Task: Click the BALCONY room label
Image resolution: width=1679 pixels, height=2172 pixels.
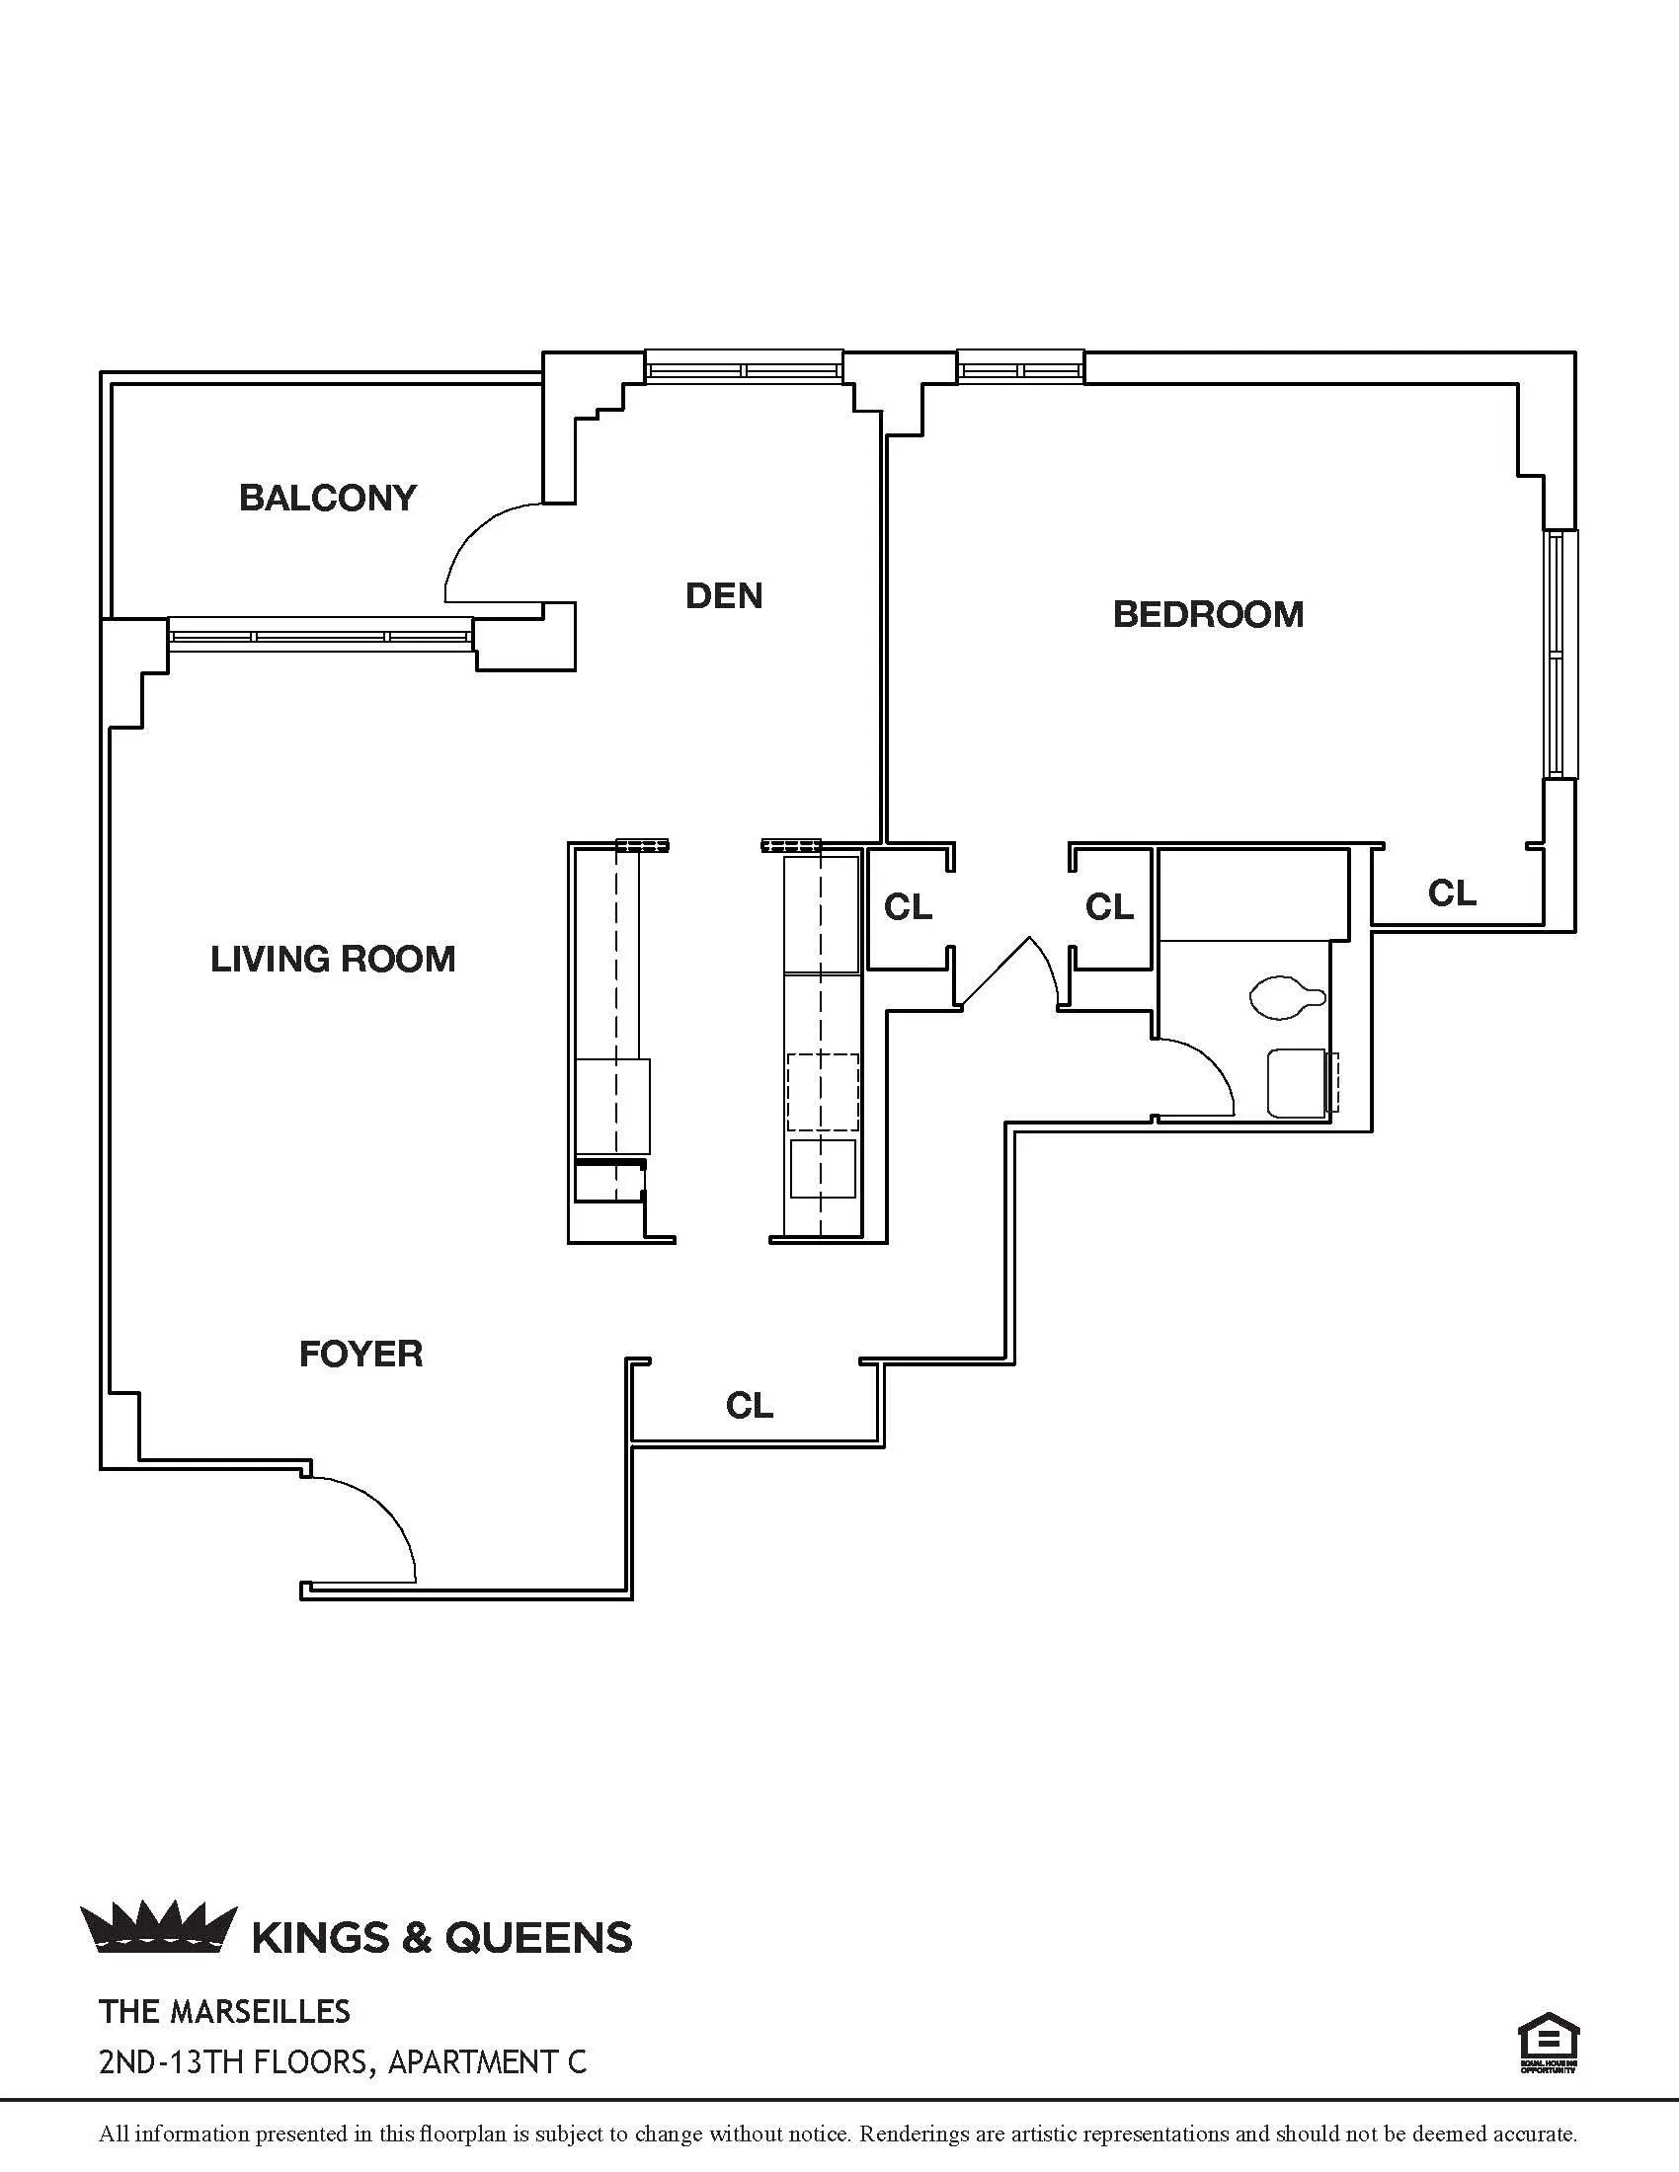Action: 327,498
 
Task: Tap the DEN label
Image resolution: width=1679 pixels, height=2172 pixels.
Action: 723,595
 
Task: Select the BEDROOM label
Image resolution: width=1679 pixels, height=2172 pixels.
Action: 1208,614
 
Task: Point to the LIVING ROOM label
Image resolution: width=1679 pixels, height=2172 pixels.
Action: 332,959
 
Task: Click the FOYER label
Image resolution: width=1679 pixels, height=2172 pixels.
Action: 360,1354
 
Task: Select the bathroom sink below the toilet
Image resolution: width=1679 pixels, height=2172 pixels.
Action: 1298,1083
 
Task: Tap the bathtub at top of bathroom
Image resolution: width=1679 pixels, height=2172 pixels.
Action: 1253,893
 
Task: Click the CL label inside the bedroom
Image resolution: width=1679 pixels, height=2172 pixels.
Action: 1451,893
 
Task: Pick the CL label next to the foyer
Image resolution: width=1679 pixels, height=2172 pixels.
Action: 748,1405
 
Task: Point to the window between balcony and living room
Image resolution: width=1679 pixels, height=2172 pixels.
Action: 320,635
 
